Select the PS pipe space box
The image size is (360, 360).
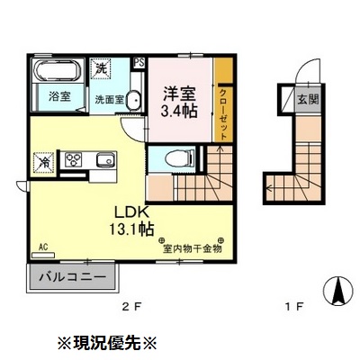click(x=139, y=62)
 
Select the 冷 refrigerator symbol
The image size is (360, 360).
click(x=42, y=164)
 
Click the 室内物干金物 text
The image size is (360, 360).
click(x=192, y=243)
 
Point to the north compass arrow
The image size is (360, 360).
click(x=340, y=290)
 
